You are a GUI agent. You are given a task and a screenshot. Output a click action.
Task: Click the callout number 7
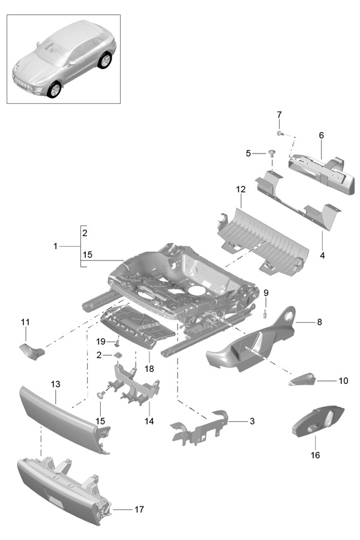279,115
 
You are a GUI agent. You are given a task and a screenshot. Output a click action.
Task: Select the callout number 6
321,136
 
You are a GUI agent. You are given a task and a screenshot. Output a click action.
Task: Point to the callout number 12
241,190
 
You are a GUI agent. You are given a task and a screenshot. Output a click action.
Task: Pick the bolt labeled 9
265,313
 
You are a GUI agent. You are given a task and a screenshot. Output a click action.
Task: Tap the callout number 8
319,322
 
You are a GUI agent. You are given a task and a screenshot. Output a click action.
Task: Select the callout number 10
343,381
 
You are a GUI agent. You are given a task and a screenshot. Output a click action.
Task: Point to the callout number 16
315,455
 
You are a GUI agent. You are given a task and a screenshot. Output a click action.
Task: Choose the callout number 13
55,383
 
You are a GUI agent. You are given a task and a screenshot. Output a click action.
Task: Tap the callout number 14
149,421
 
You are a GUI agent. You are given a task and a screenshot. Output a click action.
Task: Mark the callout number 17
139,509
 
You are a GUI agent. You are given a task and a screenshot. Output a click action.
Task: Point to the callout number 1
55,246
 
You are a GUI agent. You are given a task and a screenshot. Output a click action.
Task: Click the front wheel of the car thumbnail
54,89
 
